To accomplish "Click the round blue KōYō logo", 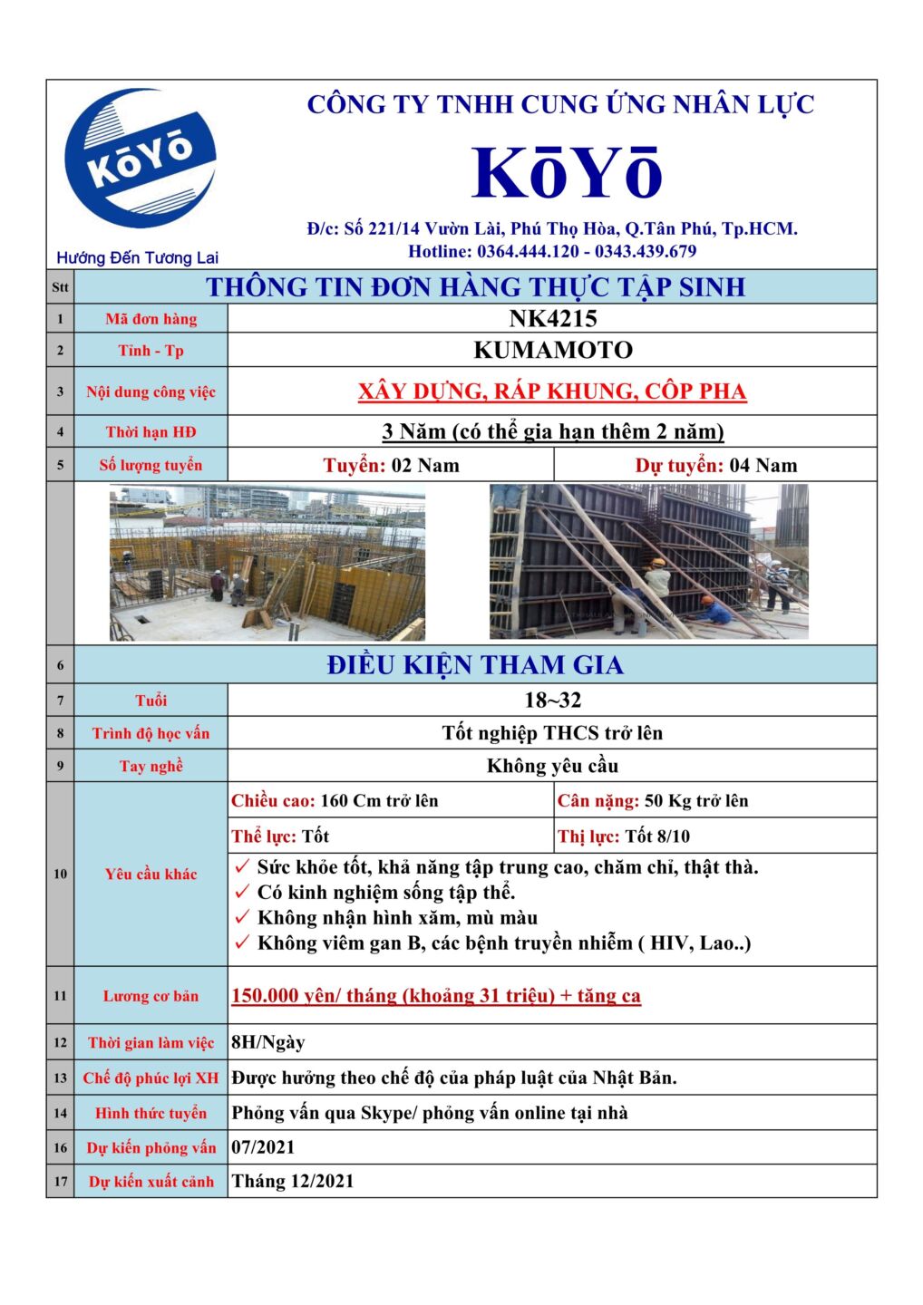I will pyautogui.click(x=141, y=158).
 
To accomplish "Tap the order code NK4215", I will pyautogui.click(x=552, y=319).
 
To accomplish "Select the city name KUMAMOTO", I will pyautogui.click(x=552, y=350).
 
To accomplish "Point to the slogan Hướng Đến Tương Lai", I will pyautogui.click(x=137, y=258).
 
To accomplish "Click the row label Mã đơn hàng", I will pyautogui.click(x=151, y=319).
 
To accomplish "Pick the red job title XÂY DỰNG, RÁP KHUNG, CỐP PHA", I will pyautogui.click(x=551, y=391).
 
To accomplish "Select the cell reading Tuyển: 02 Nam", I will pyautogui.click(x=391, y=466).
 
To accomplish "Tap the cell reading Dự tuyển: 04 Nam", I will pyautogui.click(x=715, y=466).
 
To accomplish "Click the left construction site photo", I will pyautogui.click(x=267, y=563).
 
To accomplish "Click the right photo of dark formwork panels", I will pyautogui.click(x=648, y=562).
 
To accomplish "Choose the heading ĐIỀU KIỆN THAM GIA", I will pyautogui.click(x=475, y=665).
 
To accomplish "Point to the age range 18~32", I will pyautogui.click(x=552, y=701).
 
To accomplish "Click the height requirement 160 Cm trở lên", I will pyautogui.click(x=379, y=801).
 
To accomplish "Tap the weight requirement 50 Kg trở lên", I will pyautogui.click(x=695, y=801).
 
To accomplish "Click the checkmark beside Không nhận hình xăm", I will pyautogui.click(x=242, y=918).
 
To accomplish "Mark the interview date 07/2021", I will pyautogui.click(x=263, y=1147).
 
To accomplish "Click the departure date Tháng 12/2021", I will pyautogui.click(x=293, y=1182).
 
